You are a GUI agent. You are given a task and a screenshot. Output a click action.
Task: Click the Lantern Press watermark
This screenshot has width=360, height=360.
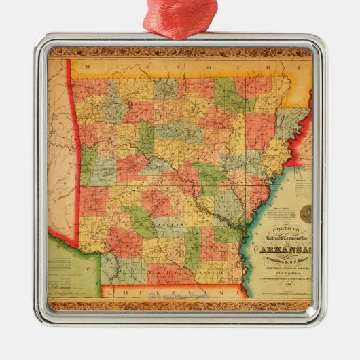coord(179,295)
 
